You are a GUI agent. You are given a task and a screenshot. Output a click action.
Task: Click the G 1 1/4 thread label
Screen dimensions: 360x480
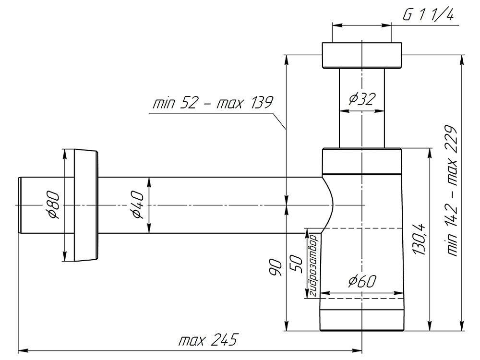[x=429, y=15]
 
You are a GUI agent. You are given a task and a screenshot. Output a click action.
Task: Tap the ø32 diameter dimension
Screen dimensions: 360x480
[x=362, y=99]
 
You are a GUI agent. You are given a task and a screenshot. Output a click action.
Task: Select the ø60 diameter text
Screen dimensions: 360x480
[x=363, y=280]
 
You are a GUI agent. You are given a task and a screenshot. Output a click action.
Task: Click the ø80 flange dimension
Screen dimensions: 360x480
[x=53, y=205]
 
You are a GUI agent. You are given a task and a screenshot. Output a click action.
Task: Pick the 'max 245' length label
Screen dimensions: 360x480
[x=208, y=341]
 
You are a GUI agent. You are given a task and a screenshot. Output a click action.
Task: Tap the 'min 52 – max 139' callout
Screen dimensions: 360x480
[x=212, y=103]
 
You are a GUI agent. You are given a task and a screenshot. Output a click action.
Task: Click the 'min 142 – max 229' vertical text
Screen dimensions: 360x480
[x=451, y=192]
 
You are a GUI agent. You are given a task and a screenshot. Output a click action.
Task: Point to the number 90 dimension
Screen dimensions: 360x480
[x=275, y=265]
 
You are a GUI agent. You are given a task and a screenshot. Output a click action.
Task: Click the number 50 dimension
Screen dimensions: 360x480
[x=296, y=263]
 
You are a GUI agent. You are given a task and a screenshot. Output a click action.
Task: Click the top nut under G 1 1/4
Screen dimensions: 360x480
[x=361, y=56]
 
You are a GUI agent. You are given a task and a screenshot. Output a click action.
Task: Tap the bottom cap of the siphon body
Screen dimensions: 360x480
[x=361, y=314]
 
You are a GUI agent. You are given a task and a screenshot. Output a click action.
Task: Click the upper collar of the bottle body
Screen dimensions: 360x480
[x=361, y=160]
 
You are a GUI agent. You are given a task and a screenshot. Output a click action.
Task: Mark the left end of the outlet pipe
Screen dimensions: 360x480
[x=20, y=205]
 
